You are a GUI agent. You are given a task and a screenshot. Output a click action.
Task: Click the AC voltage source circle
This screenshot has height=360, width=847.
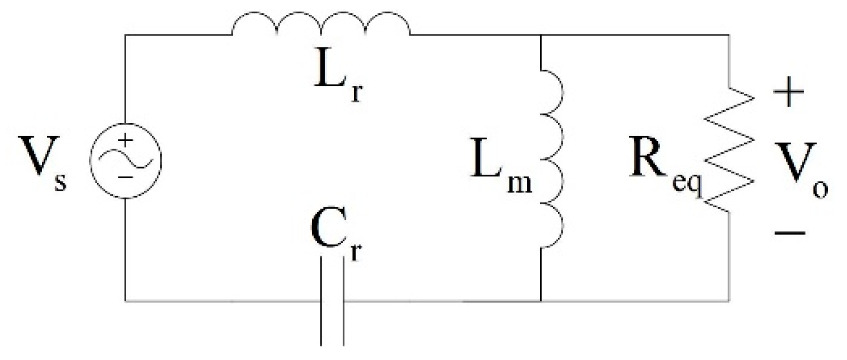[x=124, y=160]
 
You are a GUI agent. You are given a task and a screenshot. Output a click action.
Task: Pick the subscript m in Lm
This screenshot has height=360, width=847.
[x=521, y=183]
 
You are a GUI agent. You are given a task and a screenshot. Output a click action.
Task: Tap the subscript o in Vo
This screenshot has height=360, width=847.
[x=820, y=189]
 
